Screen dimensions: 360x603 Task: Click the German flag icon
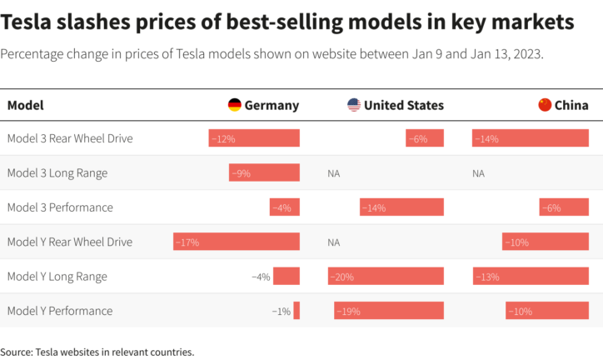(235, 105)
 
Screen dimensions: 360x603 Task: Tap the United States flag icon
(354, 105)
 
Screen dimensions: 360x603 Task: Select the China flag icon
(545, 105)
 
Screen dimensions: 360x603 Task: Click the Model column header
(25, 105)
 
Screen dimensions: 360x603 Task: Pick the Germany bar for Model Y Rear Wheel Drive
(236, 242)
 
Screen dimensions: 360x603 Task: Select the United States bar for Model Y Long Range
(386, 277)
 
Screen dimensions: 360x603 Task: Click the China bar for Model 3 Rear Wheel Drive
(530, 138)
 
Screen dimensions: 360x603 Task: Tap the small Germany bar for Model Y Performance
(297, 311)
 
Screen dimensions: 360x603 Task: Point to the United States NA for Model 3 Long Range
(334, 173)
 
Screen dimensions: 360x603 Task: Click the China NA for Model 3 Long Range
(478, 173)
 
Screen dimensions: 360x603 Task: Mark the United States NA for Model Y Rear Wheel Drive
(334, 242)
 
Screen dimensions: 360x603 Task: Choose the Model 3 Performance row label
(59, 207)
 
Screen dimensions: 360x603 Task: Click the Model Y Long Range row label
(57, 277)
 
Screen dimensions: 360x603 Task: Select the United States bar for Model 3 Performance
(401, 207)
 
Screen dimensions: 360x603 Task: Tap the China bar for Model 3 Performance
(564, 207)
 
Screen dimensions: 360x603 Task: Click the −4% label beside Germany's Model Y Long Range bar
(261, 277)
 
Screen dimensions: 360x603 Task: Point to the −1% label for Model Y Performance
(281, 311)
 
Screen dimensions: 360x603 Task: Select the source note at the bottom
(97, 352)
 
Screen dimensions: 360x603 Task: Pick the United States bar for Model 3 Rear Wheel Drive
(425, 138)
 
